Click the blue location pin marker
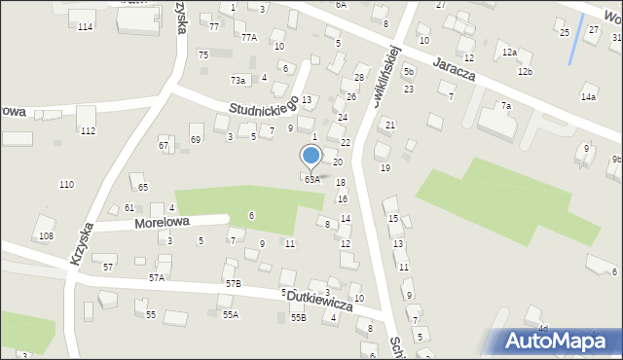pyautogui.click(x=311, y=156)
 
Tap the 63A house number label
pyautogui.click(x=311, y=180)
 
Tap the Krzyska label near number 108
pyautogui.click(x=81, y=245)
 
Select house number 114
pyautogui.click(x=86, y=26)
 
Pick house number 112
pyautogui.click(x=88, y=131)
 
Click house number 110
pyautogui.click(x=66, y=185)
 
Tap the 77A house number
pyautogui.click(x=249, y=38)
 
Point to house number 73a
pyautogui.click(x=238, y=80)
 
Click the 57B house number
pyautogui.click(x=233, y=283)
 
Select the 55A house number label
pyautogui.click(x=230, y=315)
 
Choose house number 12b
pyautogui.click(x=525, y=72)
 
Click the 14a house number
pyautogui.click(x=588, y=97)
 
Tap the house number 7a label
pyautogui.click(x=506, y=106)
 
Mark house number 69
pyautogui.click(x=196, y=140)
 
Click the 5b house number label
pyautogui.click(x=409, y=72)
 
